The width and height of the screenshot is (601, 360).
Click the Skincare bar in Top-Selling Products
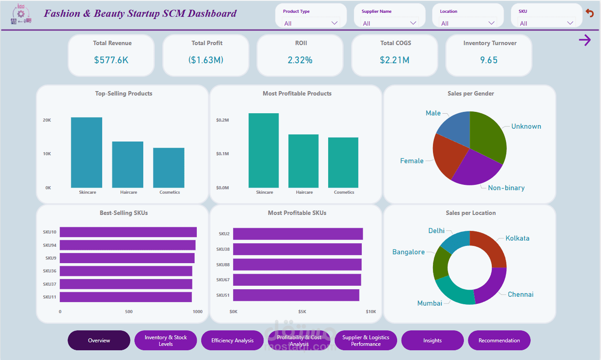coord(86,152)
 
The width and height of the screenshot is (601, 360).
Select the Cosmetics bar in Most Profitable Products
coord(343,162)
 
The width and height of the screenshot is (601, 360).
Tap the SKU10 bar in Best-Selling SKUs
coord(128,232)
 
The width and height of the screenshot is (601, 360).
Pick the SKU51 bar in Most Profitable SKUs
coord(296,295)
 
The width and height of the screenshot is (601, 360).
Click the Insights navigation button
coord(432,341)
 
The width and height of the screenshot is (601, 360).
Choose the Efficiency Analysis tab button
coord(232,341)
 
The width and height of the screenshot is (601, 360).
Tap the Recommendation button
coord(499,341)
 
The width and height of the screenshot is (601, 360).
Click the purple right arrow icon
coord(585,40)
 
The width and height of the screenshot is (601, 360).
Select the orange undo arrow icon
coord(590,13)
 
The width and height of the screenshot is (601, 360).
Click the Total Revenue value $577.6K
coord(111,60)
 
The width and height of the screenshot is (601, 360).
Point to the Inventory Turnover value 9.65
coord(489,60)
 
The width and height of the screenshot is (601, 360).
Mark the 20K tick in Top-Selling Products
coord(47,120)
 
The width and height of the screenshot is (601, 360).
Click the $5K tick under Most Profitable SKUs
coord(302,312)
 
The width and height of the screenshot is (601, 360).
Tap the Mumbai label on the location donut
coord(429,303)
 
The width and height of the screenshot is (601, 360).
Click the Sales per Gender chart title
coord(471,94)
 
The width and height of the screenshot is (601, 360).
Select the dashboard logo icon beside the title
coord(21,14)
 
